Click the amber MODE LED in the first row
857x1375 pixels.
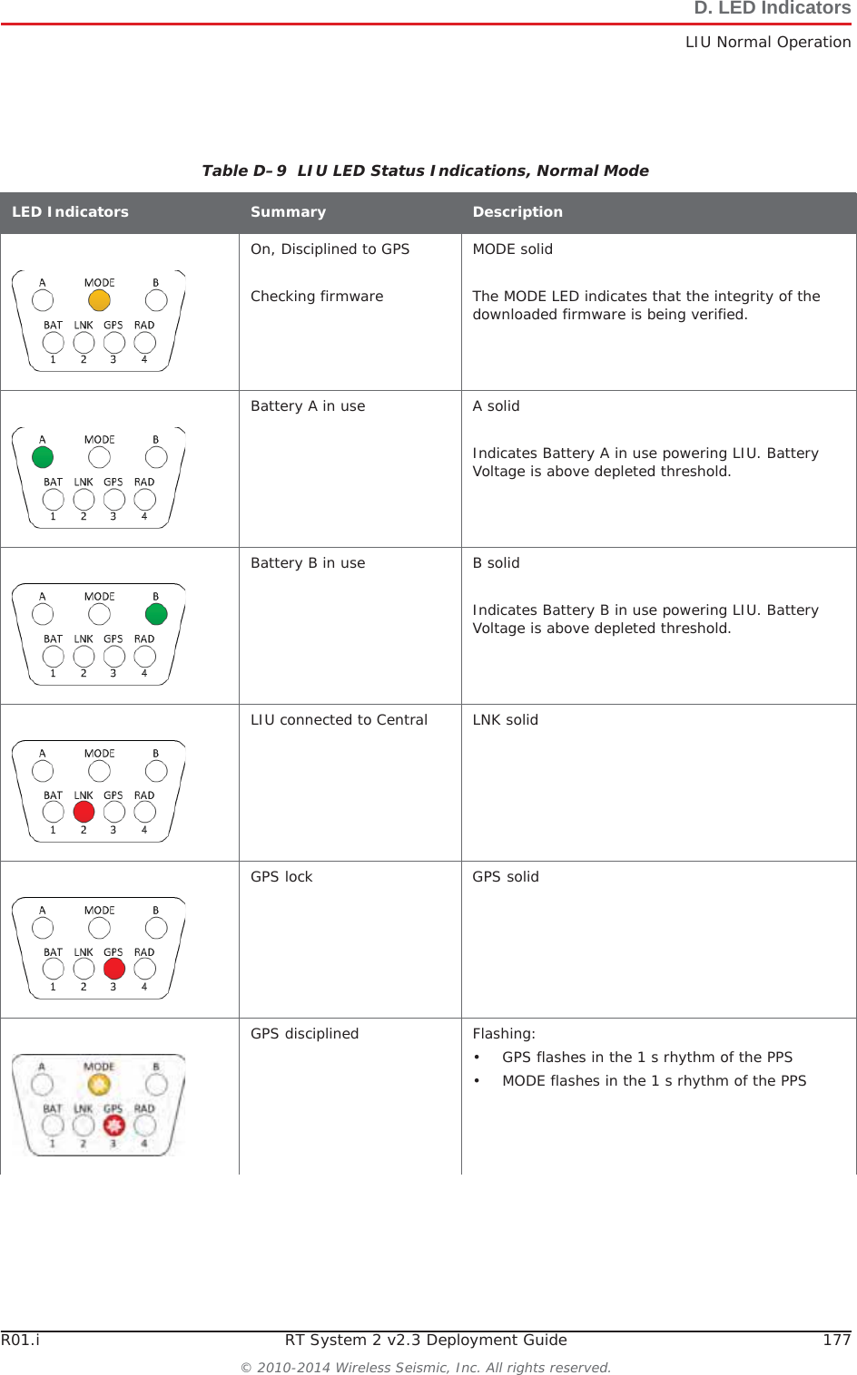point(99,300)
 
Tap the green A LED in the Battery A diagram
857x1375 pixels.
point(43,457)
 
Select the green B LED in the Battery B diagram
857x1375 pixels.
point(156,614)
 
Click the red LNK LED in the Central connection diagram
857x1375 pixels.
point(84,813)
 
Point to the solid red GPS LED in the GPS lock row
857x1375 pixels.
point(114,969)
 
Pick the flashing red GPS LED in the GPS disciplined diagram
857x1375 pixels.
point(113,1126)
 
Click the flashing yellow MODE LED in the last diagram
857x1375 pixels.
point(99,1084)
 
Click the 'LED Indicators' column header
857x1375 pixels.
point(70,212)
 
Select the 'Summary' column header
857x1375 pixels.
point(288,212)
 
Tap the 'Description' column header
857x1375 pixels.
point(517,212)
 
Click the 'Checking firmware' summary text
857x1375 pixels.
point(317,297)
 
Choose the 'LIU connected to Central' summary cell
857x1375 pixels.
point(339,720)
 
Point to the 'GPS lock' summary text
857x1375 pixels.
point(281,877)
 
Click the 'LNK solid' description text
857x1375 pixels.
point(505,720)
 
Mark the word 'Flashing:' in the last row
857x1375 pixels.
point(504,1034)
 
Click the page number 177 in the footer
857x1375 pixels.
point(836,1341)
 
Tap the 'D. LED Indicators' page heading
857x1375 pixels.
point(772,9)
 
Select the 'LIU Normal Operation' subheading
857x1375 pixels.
point(768,43)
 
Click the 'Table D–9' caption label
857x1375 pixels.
point(244,171)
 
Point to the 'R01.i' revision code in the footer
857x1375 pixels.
point(21,1341)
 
